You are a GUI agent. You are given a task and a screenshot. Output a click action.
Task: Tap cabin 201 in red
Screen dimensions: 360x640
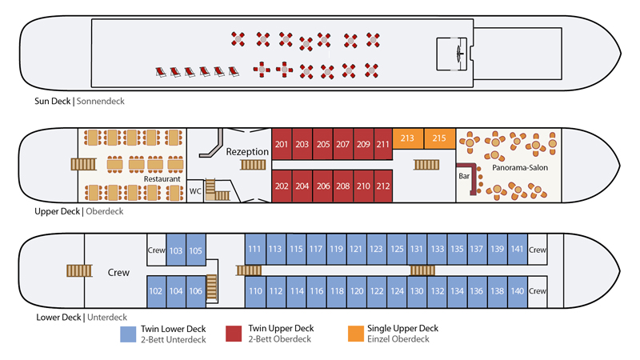point(282,145)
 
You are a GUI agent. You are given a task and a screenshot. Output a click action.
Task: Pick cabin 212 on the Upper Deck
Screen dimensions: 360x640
point(382,186)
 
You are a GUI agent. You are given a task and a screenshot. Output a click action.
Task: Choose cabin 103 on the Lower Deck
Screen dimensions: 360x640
point(176,250)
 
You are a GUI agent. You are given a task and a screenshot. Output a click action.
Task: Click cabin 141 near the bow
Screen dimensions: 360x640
point(518,250)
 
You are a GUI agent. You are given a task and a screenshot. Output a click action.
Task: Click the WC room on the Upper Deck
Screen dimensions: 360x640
point(196,191)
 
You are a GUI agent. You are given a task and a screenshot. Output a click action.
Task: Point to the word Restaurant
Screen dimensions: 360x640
point(162,180)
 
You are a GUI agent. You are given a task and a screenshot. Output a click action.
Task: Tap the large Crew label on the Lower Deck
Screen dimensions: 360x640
point(118,273)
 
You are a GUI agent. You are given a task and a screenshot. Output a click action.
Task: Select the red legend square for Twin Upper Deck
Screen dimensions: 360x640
point(234,334)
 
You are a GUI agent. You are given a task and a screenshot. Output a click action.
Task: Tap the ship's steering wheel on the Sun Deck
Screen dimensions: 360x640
point(458,54)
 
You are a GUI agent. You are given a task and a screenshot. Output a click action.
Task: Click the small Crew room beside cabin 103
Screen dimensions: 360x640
point(156,250)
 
